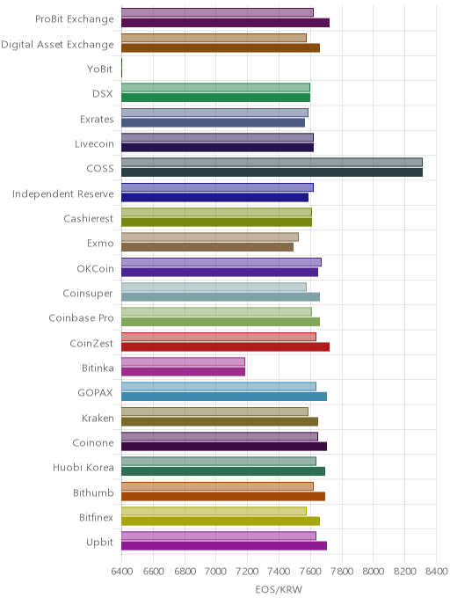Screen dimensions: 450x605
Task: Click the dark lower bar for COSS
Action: tap(272, 172)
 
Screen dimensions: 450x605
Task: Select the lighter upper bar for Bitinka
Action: tap(183, 361)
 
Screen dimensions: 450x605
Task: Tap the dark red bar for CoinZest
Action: tap(225, 346)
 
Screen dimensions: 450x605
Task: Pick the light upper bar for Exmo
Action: tap(210, 237)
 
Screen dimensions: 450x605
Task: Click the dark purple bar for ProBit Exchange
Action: tap(225, 23)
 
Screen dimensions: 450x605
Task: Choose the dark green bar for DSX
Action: tap(215, 98)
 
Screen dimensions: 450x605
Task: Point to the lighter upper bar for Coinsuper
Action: tap(214, 287)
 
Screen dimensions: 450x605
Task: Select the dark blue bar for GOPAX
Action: tap(224, 397)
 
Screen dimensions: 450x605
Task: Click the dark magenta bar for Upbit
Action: tap(224, 545)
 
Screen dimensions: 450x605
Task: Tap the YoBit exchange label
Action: tap(100, 69)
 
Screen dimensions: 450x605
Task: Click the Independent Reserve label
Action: tap(63, 193)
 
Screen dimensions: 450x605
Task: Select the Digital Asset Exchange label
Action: tap(57, 45)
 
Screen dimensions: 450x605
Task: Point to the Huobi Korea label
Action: tap(83, 467)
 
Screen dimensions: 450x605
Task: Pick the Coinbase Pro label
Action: tap(82, 318)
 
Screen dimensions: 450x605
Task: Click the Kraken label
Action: tap(98, 418)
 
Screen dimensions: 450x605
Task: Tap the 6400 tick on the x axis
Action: tap(122, 571)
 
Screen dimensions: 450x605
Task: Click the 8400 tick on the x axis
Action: tap(437, 571)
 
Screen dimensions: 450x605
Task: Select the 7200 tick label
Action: tap(248, 571)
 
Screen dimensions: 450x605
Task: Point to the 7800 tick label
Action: tap(342, 571)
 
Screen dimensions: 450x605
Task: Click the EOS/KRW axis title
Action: tap(279, 589)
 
